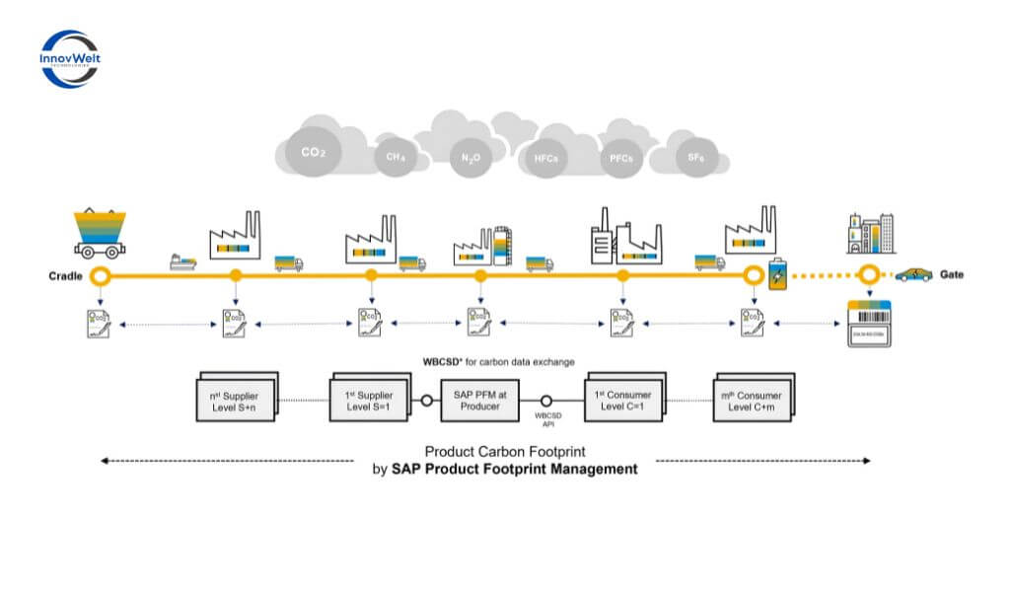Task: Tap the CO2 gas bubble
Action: click(x=313, y=153)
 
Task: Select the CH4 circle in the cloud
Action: click(x=396, y=156)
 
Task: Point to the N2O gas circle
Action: click(x=469, y=158)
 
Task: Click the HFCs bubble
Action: click(x=545, y=158)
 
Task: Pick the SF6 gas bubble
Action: click(x=695, y=157)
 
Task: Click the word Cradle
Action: click(x=64, y=276)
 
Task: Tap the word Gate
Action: click(x=951, y=274)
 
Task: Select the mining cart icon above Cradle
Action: click(x=103, y=235)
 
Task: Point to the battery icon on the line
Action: click(x=779, y=274)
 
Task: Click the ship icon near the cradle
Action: click(x=183, y=262)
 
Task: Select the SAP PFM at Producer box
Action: click(x=480, y=400)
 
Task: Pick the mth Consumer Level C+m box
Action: click(x=753, y=400)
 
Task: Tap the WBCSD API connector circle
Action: click(x=546, y=401)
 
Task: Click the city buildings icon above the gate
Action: click(x=868, y=234)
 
